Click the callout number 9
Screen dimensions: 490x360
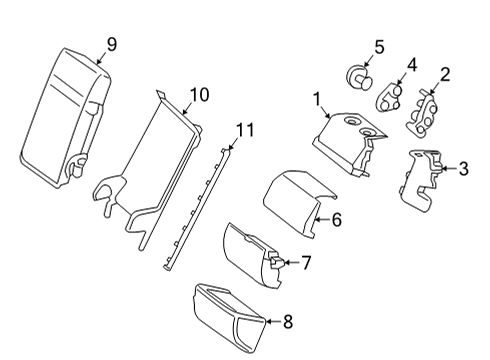(112, 44)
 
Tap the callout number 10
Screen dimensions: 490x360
(199, 95)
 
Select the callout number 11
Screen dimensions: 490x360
(245, 130)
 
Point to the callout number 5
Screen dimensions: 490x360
(380, 47)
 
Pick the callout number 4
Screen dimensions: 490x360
(412, 65)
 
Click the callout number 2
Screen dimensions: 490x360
(445, 75)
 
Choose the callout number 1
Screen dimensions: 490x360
(317, 99)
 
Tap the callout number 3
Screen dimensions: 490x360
(464, 169)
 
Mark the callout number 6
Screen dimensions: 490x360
(337, 220)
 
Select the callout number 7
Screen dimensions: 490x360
(306, 263)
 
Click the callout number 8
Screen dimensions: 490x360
(288, 322)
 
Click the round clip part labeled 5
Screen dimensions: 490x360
(358, 78)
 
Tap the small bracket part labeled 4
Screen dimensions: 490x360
(388, 97)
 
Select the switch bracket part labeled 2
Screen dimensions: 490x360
(421, 112)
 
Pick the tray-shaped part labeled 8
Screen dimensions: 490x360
(230, 318)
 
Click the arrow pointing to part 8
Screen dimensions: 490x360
(274, 322)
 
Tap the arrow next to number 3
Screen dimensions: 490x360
(449, 169)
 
